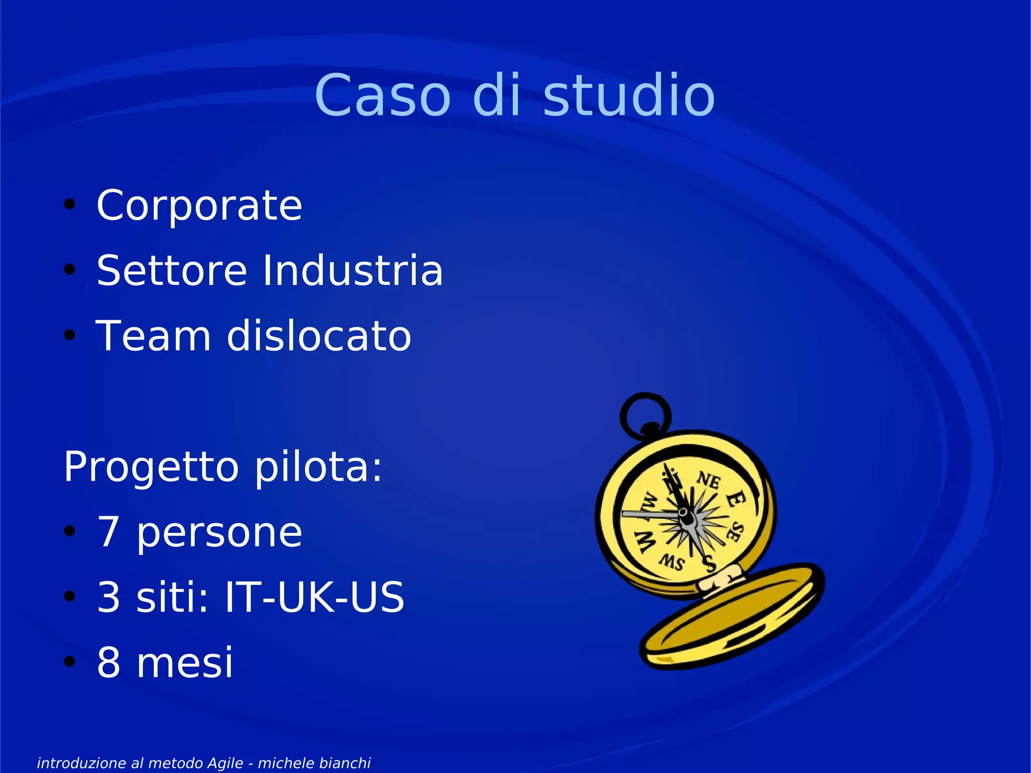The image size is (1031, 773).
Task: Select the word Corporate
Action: pyautogui.click(x=199, y=205)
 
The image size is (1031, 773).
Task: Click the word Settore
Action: pyautogui.click(x=172, y=271)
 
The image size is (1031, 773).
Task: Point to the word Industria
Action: pyautogui.click(x=352, y=271)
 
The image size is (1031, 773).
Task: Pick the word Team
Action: pyautogui.click(x=154, y=336)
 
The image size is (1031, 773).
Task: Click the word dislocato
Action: pyautogui.click(x=319, y=336)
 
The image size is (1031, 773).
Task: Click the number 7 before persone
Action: pyautogui.click(x=108, y=532)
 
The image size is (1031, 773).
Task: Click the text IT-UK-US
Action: pyautogui.click(x=314, y=597)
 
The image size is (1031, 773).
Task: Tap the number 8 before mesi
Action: pyautogui.click(x=109, y=663)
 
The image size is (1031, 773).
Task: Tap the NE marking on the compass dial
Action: pyautogui.click(x=708, y=480)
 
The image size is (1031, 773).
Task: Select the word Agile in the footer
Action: pyautogui.click(x=226, y=763)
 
